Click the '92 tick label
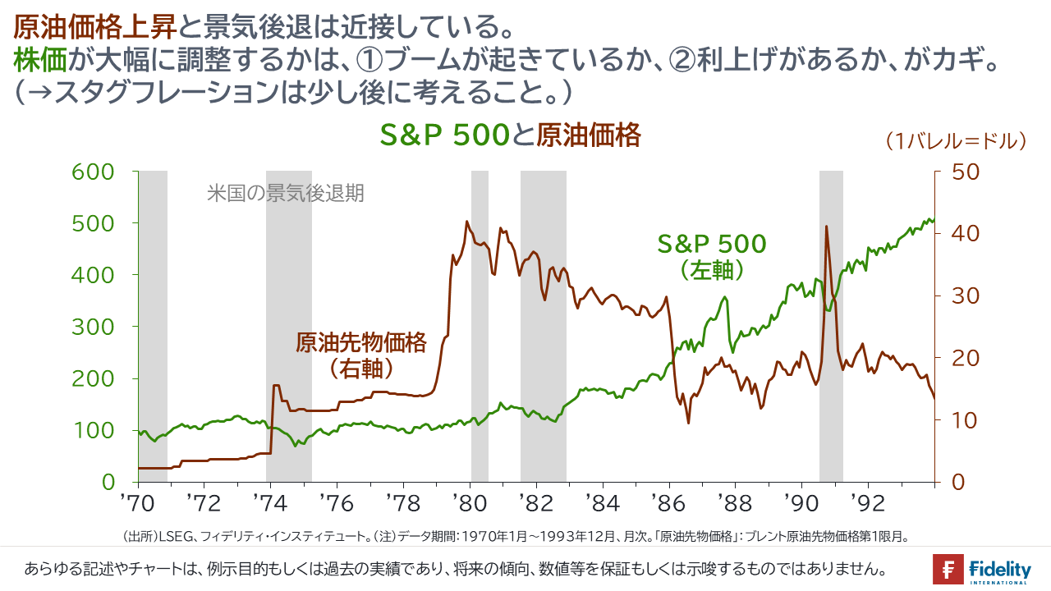coord(870,502)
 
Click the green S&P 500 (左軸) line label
coord(711,256)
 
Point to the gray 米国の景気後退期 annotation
coord(285,194)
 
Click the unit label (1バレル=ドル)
coord(957,141)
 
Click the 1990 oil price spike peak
coord(826,227)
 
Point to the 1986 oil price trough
coord(688,423)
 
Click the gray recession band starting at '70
coord(154,326)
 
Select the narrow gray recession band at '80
coord(480,326)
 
